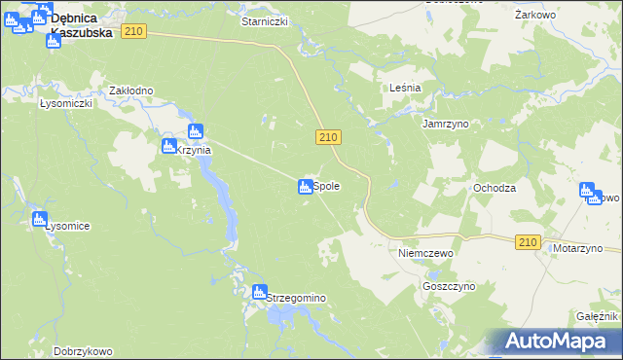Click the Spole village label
click(x=326, y=186)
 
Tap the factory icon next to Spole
click(x=305, y=186)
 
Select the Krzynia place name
click(x=194, y=150)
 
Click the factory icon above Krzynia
click(x=195, y=130)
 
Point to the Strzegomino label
click(x=295, y=299)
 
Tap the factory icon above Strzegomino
click(x=259, y=290)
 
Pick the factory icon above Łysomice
click(x=39, y=219)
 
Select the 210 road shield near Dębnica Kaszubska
click(x=134, y=32)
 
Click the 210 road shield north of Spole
click(x=327, y=139)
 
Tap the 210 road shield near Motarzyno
click(x=528, y=242)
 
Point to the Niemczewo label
click(x=426, y=252)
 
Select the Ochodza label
click(x=494, y=188)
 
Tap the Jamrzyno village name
click(x=447, y=125)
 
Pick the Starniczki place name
click(x=265, y=20)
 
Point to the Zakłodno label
click(x=131, y=90)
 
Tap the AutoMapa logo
click(x=556, y=341)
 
